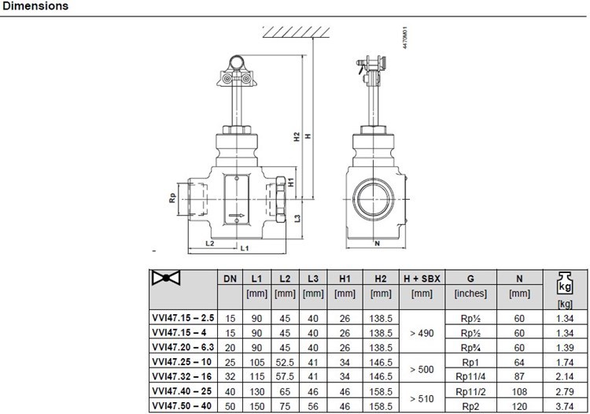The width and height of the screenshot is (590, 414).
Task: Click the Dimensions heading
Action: tap(35, 6)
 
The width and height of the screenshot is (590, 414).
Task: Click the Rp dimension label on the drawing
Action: tap(172, 198)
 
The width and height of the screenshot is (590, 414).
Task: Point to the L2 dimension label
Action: tap(209, 243)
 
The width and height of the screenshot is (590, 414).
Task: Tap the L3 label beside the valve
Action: tap(297, 218)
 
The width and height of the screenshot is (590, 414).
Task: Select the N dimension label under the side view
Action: tap(377, 243)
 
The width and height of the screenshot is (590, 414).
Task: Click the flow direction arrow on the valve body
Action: tap(237, 216)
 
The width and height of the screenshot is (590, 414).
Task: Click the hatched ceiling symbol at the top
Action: tap(296, 32)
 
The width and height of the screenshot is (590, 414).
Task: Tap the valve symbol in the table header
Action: tap(166, 278)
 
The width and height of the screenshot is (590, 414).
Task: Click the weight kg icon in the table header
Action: tap(565, 283)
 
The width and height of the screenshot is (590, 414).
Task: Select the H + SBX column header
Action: tap(422, 279)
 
